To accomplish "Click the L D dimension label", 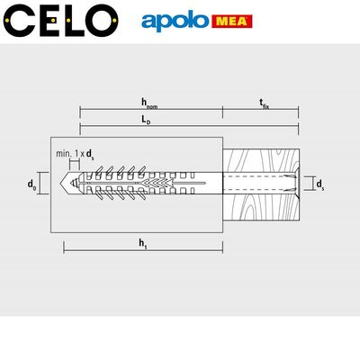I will coord(149,121).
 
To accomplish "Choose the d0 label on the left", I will coord(32,184).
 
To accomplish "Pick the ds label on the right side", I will coord(320,184).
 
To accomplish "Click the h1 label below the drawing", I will coord(142,240).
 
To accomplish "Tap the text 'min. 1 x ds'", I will coord(76,154).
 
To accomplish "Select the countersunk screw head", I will coord(292,184).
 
